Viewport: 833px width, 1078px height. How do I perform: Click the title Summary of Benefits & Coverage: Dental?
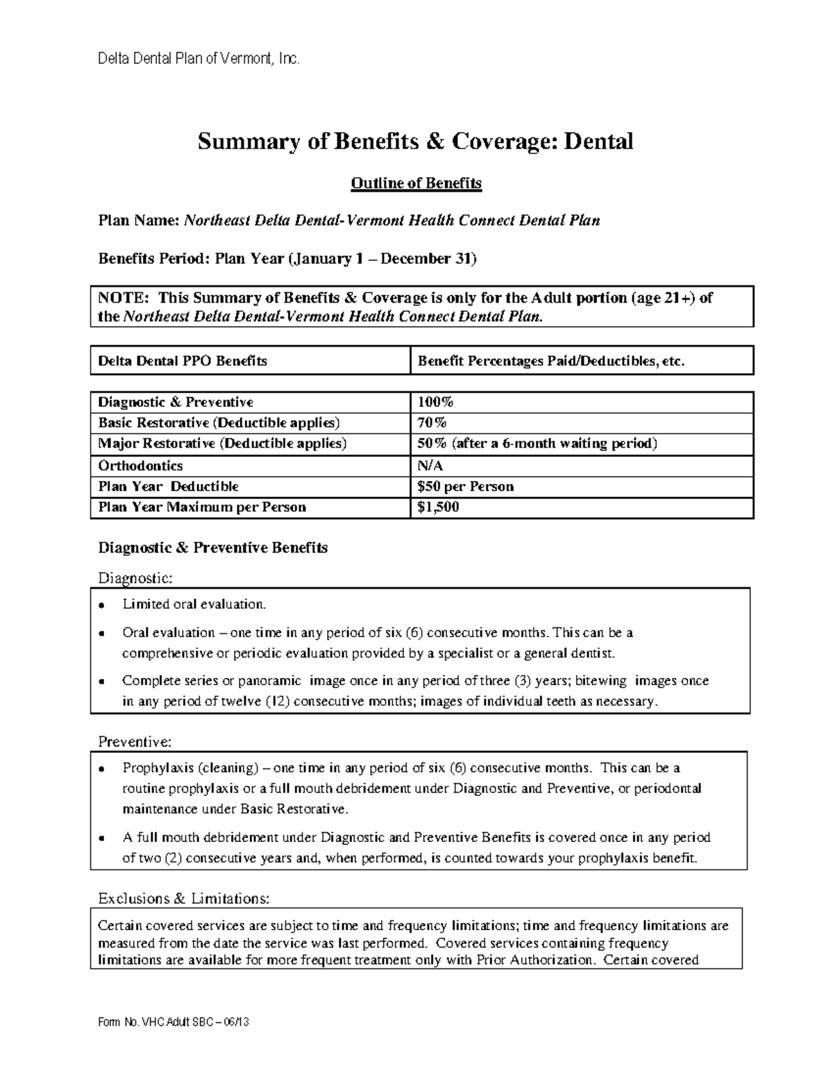(x=415, y=142)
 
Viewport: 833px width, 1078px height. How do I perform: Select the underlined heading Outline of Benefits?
(x=416, y=183)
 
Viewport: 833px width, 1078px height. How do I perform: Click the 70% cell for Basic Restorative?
(x=432, y=423)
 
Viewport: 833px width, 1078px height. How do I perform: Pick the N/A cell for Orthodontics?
(x=430, y=466)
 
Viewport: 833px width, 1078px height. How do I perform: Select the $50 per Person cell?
(x=465, y=487)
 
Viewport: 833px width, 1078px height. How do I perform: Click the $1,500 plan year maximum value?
(x=438, y=507)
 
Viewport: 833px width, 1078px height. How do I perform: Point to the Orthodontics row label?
(x=140, y=466)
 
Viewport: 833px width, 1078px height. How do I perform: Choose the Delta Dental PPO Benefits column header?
(x=183, y=361)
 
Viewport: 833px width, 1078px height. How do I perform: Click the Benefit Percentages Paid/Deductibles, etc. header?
(x=550, y=361)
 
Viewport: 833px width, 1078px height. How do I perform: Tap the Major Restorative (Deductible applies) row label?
(x=222, y=444)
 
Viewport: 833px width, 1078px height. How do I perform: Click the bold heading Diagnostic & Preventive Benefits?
(x=212, y=548)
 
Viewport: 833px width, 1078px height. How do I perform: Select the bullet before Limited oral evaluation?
(x=102, y=605)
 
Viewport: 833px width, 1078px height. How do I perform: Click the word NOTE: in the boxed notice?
(x=123, y=298)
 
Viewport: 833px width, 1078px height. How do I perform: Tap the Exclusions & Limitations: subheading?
(x=183, y=899)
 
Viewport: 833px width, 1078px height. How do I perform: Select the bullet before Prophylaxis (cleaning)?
(x=102, y=769)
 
